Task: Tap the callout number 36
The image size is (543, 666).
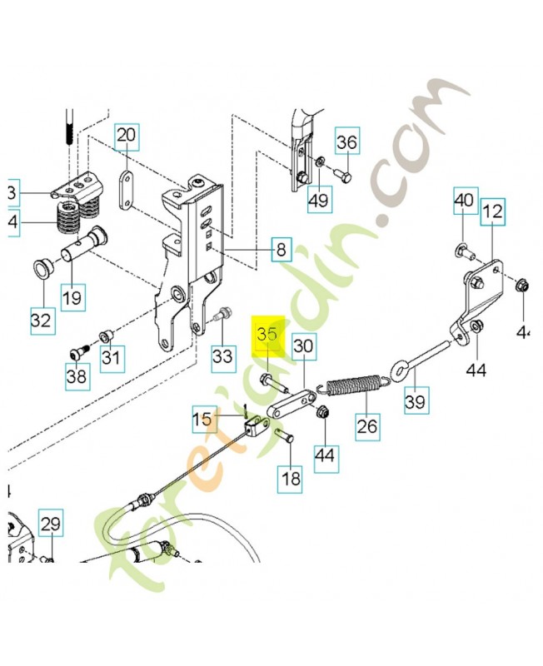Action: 346,143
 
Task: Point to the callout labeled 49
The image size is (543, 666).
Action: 318,199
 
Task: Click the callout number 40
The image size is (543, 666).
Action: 464,201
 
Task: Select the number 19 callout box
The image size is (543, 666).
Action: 72,297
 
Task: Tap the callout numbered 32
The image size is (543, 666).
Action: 42,319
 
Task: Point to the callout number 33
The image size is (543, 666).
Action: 221,356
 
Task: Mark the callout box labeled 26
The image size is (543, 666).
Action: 366,428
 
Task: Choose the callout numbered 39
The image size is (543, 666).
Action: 414,402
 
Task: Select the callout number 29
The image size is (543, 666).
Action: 50,525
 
